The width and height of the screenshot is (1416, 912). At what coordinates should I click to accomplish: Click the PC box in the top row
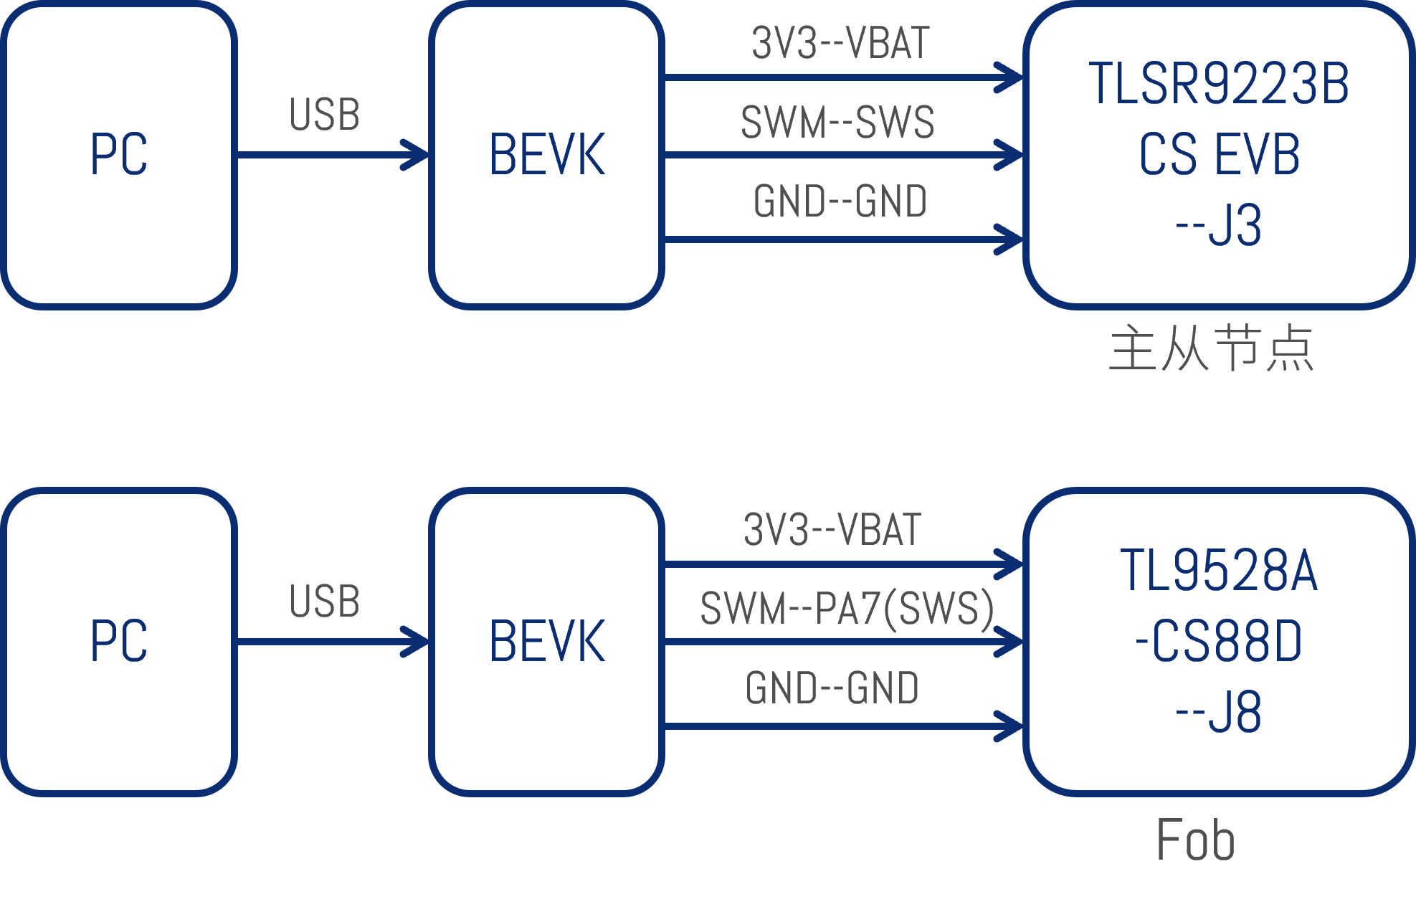tap(118, 155)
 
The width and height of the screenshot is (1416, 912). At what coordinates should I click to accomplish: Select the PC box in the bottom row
tap(118, 641)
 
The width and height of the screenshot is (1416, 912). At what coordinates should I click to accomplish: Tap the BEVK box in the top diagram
tap(546, 155)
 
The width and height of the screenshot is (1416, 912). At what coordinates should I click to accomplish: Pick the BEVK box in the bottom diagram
tap(546, 641)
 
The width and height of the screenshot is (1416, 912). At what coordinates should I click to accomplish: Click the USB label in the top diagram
tap(324, 115)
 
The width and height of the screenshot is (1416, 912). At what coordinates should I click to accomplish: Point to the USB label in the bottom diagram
tap(324, 601)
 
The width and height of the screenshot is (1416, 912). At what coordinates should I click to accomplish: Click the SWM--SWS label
tap(837, 122)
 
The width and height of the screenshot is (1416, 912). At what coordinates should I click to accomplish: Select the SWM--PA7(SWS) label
tap(847, 609)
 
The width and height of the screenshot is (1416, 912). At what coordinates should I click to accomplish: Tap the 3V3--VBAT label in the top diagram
tap(840, 43)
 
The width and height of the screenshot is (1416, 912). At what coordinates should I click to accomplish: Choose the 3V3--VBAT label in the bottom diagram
tap(832, 530)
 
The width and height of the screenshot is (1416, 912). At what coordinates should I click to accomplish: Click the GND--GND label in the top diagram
tap(840, 201)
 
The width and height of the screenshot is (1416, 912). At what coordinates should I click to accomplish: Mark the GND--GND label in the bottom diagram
tap(832, 688)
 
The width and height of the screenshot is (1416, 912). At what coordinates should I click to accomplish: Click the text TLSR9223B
tap(1219, 85)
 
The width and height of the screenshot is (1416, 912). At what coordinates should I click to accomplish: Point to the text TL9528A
tap(1219, 571)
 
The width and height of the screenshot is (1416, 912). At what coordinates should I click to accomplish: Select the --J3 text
tap(1219, 226)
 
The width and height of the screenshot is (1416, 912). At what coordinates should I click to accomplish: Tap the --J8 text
tap(1219, 713)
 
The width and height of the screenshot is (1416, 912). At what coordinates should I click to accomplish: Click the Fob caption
tap(1195, 840)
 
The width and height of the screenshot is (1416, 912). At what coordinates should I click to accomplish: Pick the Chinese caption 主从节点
tap(1211, 348)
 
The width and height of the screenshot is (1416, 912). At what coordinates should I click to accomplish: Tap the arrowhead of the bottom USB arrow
tap(416, 642)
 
